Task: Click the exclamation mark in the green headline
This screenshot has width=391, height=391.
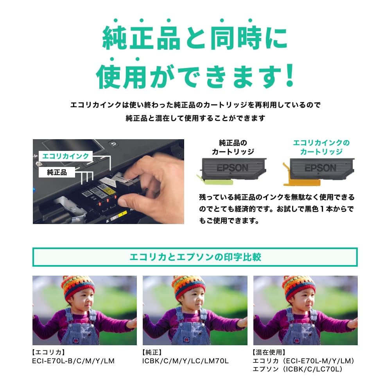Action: tap(290, 75)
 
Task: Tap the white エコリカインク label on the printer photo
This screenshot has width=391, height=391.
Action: tap(66, 156)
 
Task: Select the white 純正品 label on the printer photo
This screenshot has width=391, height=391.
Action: tap(57, 172)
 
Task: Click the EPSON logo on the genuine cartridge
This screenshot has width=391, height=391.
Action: tap(232, 168)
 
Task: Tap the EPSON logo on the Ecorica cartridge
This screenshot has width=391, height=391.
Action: tap(321, 168)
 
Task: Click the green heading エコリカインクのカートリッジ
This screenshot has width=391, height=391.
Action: tap(321, 147)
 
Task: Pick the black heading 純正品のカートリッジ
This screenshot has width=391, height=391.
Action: tap(233, 147)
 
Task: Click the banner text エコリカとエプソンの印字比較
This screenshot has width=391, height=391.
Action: tap(195, 257)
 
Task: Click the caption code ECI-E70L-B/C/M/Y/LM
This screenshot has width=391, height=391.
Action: tap(74, 361)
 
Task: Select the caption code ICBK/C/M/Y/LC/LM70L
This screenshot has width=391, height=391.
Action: tap(185, 361)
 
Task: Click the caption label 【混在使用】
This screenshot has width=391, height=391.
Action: tap(269, 352)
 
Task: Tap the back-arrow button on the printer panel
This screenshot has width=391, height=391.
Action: tap(113, 144)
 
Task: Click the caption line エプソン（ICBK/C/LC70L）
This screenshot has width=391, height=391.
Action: tap(298, 369)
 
